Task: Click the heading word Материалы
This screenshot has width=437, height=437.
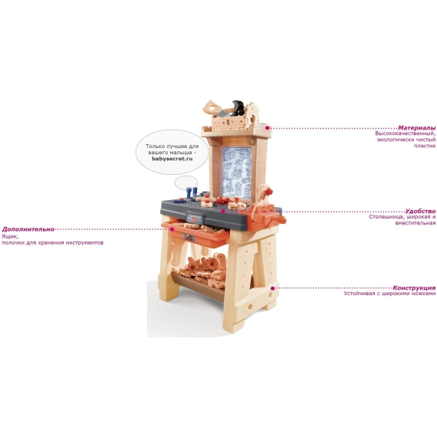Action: (x=416, y=128)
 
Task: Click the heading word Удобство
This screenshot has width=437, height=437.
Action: (x=420, y=211)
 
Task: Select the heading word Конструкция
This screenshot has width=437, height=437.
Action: (x=414, y=288)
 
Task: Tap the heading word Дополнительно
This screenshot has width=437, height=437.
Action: (x=28, y=229)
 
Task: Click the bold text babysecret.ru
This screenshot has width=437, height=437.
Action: (x=172, y=159)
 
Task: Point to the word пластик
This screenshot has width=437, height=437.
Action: (x=425, y=146)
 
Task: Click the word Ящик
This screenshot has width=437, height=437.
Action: (x=10, y=237)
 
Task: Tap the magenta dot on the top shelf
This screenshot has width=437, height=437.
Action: (x=268, y=128)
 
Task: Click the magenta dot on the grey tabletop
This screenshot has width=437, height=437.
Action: (x=223, y=212)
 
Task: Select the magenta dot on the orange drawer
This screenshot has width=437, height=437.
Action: (x=172, y=229)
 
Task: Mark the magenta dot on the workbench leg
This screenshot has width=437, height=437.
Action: (x=273, y=288)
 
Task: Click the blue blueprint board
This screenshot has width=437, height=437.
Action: (x=237, y=172)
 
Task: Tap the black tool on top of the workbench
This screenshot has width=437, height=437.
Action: (x=238, y=108)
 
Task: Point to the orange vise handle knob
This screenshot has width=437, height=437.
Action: (x=282, y=220)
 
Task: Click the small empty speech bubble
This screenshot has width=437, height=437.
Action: (x=186, y=182)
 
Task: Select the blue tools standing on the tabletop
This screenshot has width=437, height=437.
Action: (x=192, y=192)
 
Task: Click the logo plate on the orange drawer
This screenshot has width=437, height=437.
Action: (x=189, y=238)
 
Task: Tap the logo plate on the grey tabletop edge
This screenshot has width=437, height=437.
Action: (x=194, y=219)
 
